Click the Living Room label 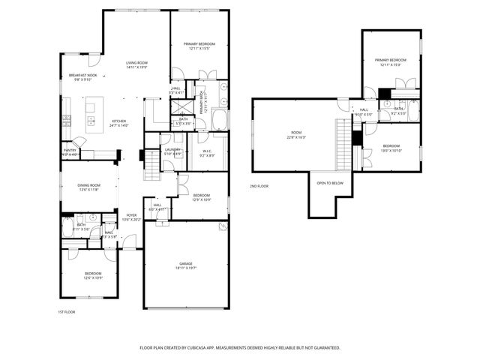tap(136, 64)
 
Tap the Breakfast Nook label tap(83, 77)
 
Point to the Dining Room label tap(89, 186)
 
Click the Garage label tap(185, 265)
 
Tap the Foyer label tap(130, 217)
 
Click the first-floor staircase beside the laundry tap(153, 159)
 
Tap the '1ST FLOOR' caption tap(66, 311)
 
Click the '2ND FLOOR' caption tap(259, 185)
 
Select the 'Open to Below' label tap(330, 183)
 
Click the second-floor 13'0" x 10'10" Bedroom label tap(391, 148)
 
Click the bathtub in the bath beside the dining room tap(68, 227)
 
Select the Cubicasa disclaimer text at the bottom tap(240, 348)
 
